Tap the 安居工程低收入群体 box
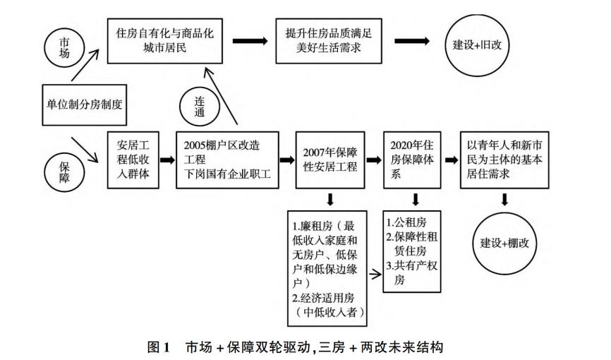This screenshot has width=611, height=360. [x=132, y=160]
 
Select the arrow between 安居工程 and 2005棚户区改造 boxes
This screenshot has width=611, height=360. [x=167, y=160]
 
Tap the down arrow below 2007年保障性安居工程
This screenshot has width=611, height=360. [x=330, y=198]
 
